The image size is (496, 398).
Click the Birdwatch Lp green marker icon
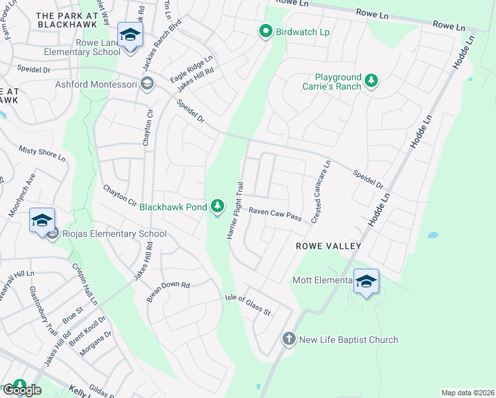tap(265, 32)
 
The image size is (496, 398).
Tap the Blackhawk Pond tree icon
tap(217, 207)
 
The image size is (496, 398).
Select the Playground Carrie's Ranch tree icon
tap(371, 82)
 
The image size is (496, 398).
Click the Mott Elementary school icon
tap(365, 281)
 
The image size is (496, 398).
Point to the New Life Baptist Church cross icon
tap(288, 339)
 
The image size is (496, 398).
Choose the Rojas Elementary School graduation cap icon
tap(42, 220)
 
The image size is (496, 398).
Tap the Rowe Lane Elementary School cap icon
tap(130, 34)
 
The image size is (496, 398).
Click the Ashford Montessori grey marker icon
tap(147, 84)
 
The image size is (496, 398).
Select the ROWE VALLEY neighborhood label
tap(329, 246)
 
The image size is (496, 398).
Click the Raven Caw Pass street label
tap(275, 214)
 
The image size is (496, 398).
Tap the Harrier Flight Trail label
tap(236, 211)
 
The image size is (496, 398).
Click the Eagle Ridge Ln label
tap(191, 69)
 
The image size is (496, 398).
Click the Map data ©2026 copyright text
tap(467, 393)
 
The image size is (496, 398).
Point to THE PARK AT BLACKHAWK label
tap(67, 19)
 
